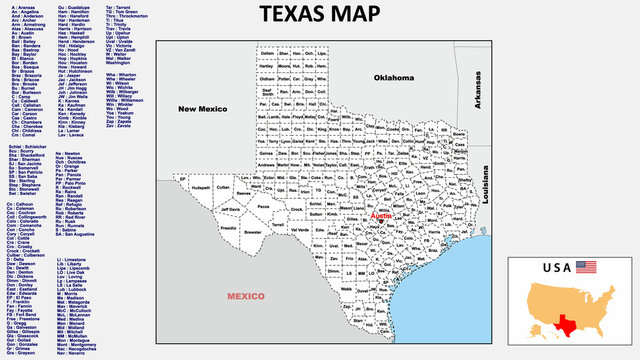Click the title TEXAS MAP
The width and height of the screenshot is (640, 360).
click(319, 14)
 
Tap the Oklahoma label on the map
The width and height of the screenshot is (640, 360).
click(393, 77)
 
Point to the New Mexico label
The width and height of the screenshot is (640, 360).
click(201, 108)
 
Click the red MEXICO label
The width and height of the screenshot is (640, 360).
click(245, 297)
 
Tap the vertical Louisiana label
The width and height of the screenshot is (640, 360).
click(485, 185)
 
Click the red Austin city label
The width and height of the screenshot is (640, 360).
click(382, 215)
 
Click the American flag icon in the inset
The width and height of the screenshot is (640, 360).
click(586, 266)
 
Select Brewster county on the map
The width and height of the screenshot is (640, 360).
click(252, 231)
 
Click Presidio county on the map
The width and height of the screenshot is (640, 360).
click(228, 229)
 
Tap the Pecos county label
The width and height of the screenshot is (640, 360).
click(263, 206)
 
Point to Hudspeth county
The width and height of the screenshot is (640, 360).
click(201, 187)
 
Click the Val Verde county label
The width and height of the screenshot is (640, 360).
click(299, 229)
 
